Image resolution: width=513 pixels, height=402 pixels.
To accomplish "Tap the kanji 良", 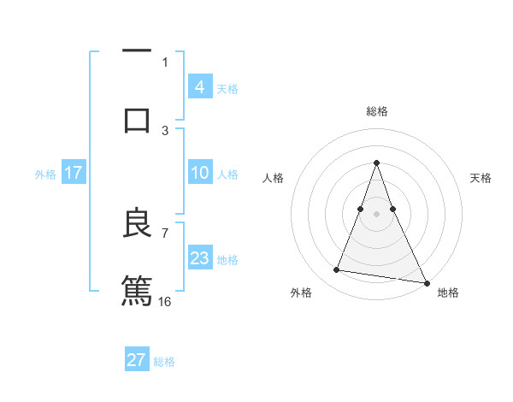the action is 137,223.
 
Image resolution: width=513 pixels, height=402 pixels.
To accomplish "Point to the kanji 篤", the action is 137,289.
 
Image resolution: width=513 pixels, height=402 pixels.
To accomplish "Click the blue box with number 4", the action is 199,87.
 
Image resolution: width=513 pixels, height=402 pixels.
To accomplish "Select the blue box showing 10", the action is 199,173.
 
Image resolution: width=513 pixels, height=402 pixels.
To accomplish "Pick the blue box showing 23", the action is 199,258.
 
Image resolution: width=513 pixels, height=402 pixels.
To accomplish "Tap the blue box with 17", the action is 74,173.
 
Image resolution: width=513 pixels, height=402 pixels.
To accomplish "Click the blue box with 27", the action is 137,360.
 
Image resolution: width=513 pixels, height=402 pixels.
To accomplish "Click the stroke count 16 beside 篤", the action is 165,301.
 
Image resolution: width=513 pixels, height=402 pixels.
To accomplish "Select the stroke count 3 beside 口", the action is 165,130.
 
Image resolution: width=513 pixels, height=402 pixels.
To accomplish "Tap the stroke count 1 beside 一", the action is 165,62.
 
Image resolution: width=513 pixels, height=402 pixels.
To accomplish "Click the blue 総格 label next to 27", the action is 164,362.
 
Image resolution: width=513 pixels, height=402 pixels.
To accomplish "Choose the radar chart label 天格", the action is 481,178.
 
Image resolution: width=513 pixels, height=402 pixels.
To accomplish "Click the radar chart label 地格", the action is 448,293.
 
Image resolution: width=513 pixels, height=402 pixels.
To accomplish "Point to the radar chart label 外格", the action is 301,293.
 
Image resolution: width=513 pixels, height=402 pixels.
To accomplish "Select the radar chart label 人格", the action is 273,178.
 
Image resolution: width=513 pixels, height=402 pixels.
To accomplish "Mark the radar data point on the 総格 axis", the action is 376,163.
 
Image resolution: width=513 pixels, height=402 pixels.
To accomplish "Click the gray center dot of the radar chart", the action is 376,214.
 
